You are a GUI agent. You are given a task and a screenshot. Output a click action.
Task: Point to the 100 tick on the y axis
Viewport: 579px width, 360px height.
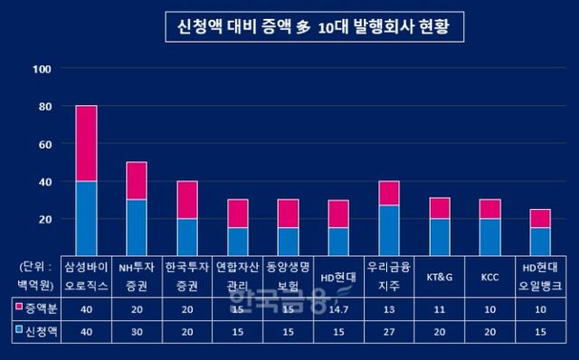42,69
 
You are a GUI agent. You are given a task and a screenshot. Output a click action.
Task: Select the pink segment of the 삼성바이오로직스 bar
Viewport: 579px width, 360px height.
86,143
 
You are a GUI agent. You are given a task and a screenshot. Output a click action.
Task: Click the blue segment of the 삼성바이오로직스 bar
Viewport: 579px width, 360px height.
86,218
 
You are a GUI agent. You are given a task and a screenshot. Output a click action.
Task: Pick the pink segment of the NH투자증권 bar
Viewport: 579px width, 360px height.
137,180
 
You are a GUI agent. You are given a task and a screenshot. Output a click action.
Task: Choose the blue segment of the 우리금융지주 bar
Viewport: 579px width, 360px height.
389,231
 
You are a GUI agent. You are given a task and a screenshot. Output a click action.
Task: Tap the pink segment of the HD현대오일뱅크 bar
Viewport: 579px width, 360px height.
540,218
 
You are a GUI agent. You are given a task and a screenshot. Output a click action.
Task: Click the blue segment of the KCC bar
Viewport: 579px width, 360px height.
489,237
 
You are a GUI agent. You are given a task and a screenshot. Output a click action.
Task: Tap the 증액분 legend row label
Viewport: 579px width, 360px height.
36,309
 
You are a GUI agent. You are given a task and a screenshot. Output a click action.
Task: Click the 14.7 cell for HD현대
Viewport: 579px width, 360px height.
338,309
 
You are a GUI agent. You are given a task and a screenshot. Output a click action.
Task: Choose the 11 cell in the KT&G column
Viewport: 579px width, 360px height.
439,309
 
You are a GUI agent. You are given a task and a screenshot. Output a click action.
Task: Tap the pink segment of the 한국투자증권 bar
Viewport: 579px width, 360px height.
186,199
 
